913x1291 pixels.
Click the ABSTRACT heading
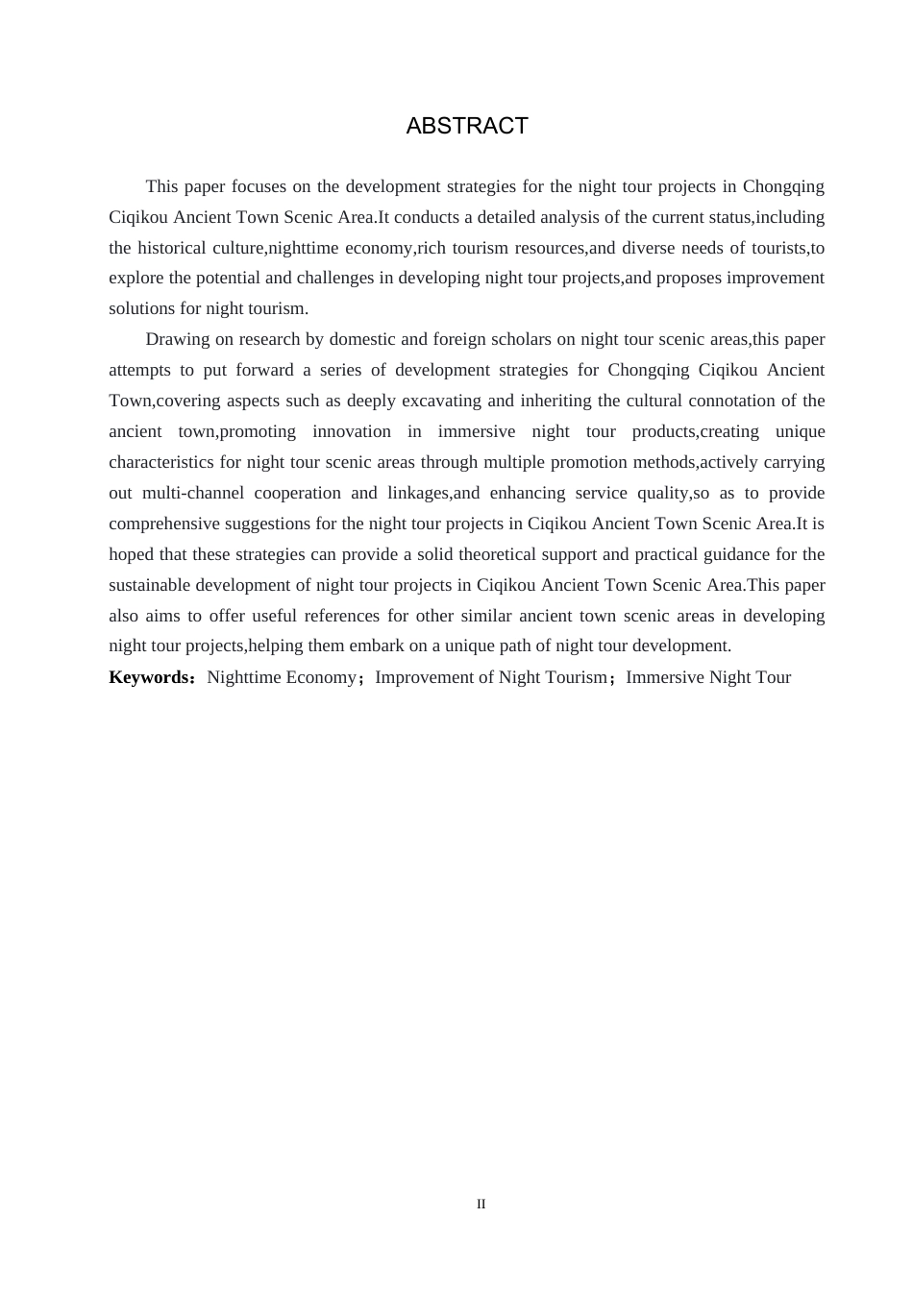click(467, 126)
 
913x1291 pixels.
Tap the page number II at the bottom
click(481, 1204)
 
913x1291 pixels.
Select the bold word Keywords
click(150, 677)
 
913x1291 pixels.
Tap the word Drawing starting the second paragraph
click(175, 339)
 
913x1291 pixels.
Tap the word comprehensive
click(171, 524)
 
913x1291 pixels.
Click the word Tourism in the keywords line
click(576, 677)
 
